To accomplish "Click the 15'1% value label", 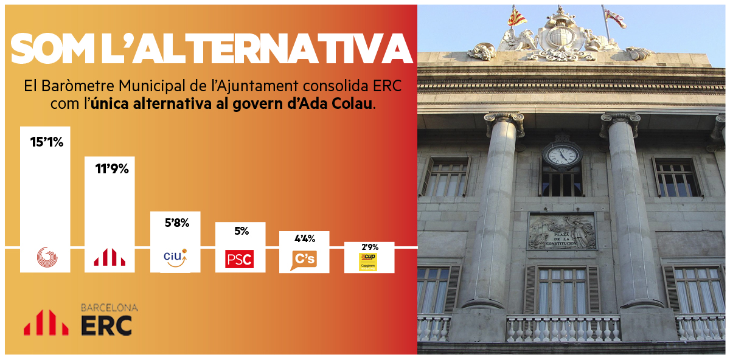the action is (x=47, y=142).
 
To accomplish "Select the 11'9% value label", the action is (x=112, y=169).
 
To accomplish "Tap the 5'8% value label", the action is (x=177, y=223).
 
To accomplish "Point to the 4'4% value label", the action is (x=305, y=239).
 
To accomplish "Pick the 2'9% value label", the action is (x=370, y=247).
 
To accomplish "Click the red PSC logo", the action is (x=239, y=259).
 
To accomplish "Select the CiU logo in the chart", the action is (x=175, y=258).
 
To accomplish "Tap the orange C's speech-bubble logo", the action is (x=304, y=260).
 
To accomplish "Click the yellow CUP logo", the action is (x=368, y=262).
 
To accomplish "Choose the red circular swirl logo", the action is (x=47, y=257).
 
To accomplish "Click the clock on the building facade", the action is (x=562, y=155).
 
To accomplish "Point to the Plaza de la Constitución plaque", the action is (x=562, y=231).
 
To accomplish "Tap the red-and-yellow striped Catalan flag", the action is (x=516, y=17).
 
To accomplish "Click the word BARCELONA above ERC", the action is (x=109, y=308).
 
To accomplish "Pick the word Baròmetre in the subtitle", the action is (x=78, y=86).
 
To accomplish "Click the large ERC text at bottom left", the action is (x=106, y=325).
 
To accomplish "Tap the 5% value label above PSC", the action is (x=242, y=231).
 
